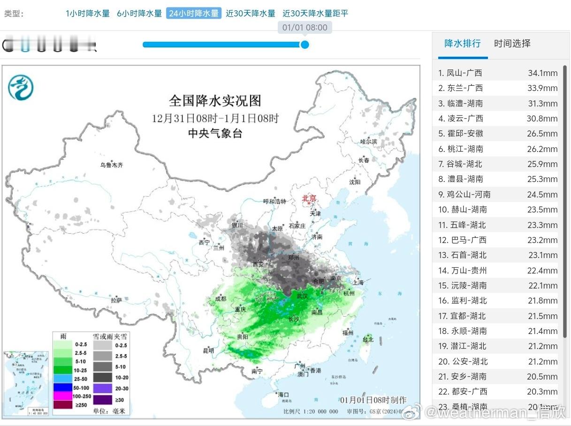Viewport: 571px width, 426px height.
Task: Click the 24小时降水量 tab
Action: click(x=193, y=13)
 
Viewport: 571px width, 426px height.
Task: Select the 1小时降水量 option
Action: click(x=88, y=14)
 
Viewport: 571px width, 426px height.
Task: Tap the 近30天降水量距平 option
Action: click(x=315, y=14)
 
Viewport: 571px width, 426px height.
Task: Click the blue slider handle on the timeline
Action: click(x=305, y=45)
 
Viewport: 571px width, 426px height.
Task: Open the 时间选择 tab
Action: click(x=512, y=44)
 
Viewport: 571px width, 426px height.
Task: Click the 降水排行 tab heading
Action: click(x=463, y=44)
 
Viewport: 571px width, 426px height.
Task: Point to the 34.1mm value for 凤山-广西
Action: click(x=542, y=73)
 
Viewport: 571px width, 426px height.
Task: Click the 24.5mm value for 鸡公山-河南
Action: click(x=542, y=194)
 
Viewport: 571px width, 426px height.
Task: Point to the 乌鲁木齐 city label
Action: click(x=111, y=165)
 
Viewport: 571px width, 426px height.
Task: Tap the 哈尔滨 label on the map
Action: click(x=368, y=141)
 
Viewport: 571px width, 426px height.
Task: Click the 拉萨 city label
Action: click(x=116, y=300)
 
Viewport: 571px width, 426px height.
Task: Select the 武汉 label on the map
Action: click(x=302, y=296)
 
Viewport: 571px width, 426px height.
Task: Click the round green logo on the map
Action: click(x=21, y=87)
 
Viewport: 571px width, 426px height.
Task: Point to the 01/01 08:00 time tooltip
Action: click(x=305, y=28)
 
